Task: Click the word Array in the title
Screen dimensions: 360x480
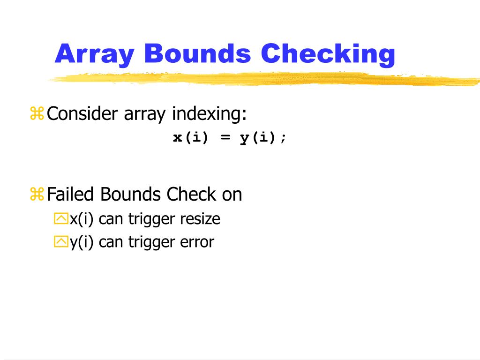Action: click(x=94, y=54)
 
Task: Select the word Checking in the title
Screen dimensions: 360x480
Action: click(x=328, y=54)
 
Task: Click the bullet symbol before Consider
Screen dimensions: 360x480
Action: click(x=37, y=113)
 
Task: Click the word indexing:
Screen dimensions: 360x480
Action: click(x=209, y=114)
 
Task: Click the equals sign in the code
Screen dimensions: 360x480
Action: click(x=225, y=138)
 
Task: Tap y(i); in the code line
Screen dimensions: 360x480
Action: click(x=263, y=138)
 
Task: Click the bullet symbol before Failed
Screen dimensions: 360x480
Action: click(x=37, y=194)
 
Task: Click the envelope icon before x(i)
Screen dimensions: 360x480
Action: click(x=61, y=219)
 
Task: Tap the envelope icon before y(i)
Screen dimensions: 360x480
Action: click(x=61, y=242)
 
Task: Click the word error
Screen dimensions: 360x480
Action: click(x=197, y=242)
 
